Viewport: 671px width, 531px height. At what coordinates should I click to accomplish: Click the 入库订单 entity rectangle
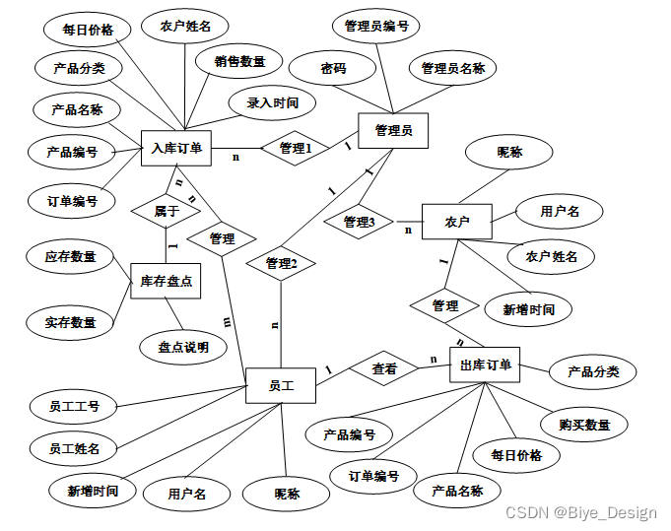(177, 149)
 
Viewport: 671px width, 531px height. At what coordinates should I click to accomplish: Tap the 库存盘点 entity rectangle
(166, 281)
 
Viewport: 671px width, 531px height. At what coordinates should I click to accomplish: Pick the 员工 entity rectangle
(280, 385)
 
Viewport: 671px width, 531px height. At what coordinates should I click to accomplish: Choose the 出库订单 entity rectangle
(485, 365)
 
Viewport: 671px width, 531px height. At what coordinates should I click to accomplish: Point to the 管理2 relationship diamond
(281, 263)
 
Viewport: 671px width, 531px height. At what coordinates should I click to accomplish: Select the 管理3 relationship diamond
(360, 223)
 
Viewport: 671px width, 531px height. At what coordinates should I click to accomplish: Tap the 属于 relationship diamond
(166, 210)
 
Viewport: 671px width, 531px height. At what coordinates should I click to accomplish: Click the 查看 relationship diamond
(383, 369)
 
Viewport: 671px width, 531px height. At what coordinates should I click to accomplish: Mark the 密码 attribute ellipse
(333, 68)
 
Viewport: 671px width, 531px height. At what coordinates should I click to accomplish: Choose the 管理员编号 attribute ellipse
(376, 27)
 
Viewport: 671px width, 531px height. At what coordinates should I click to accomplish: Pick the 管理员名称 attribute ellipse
(453, 68)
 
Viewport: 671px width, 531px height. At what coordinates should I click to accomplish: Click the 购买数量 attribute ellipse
(584, 425)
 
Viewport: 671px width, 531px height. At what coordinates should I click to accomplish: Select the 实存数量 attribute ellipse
(70, 322)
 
